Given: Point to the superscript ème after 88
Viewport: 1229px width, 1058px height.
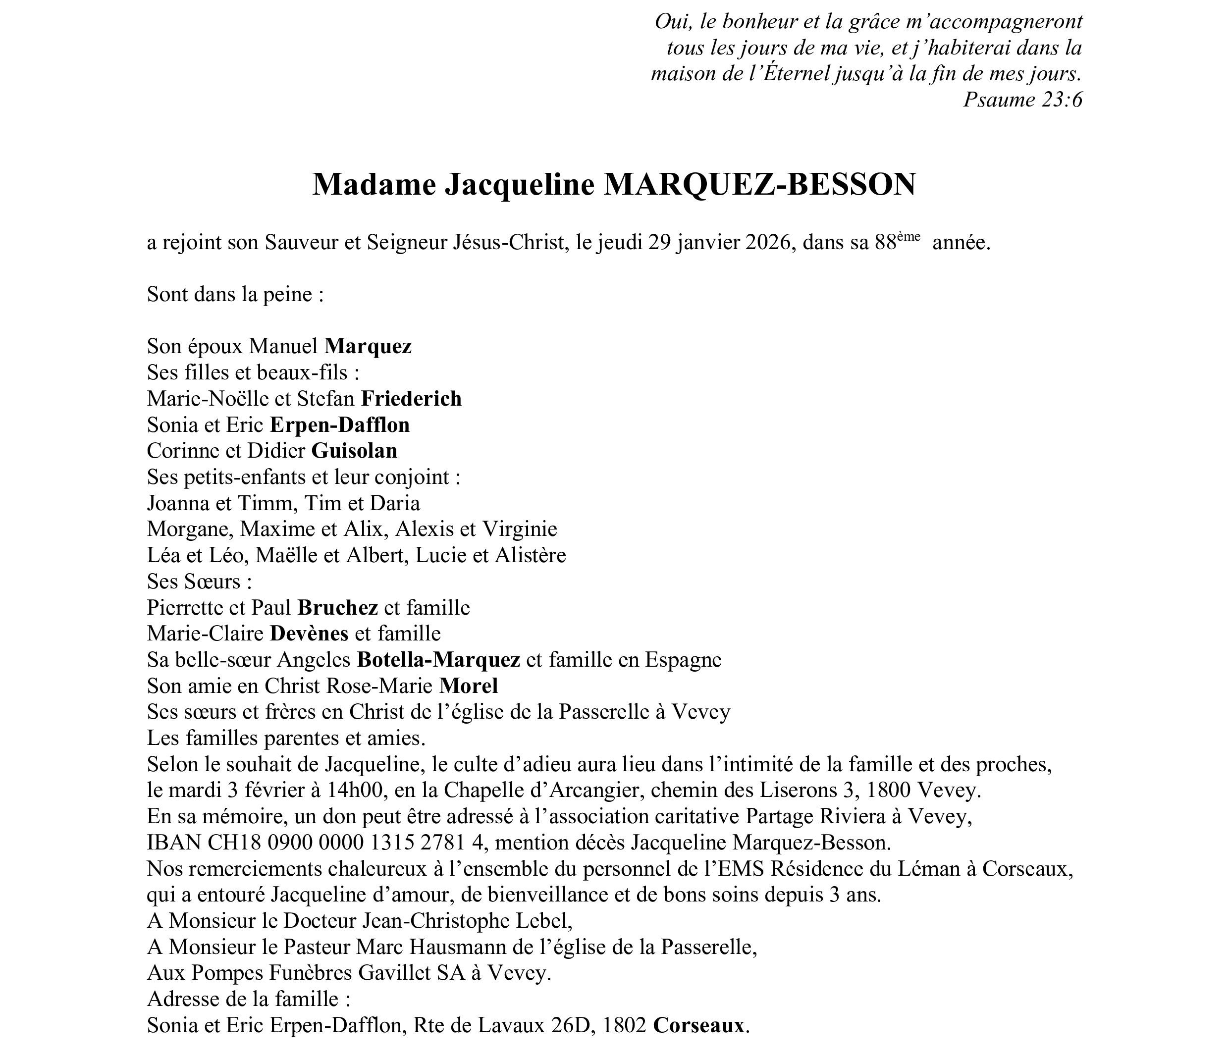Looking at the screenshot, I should tap(908, 237).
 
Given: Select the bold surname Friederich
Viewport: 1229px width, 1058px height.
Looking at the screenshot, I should tap(411, 399).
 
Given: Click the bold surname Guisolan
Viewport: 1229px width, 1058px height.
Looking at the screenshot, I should tap(354, 451).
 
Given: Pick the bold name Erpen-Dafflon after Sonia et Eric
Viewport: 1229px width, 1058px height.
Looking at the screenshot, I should tap(339, 424).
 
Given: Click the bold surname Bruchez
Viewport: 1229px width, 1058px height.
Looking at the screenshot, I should tap(337, 607).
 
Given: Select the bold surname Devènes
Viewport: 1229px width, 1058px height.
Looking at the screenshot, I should tap(309, 634).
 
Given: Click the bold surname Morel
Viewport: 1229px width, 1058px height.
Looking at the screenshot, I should tap(469, 686).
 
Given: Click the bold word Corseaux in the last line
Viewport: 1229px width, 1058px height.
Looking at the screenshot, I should tap(698, 1025).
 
